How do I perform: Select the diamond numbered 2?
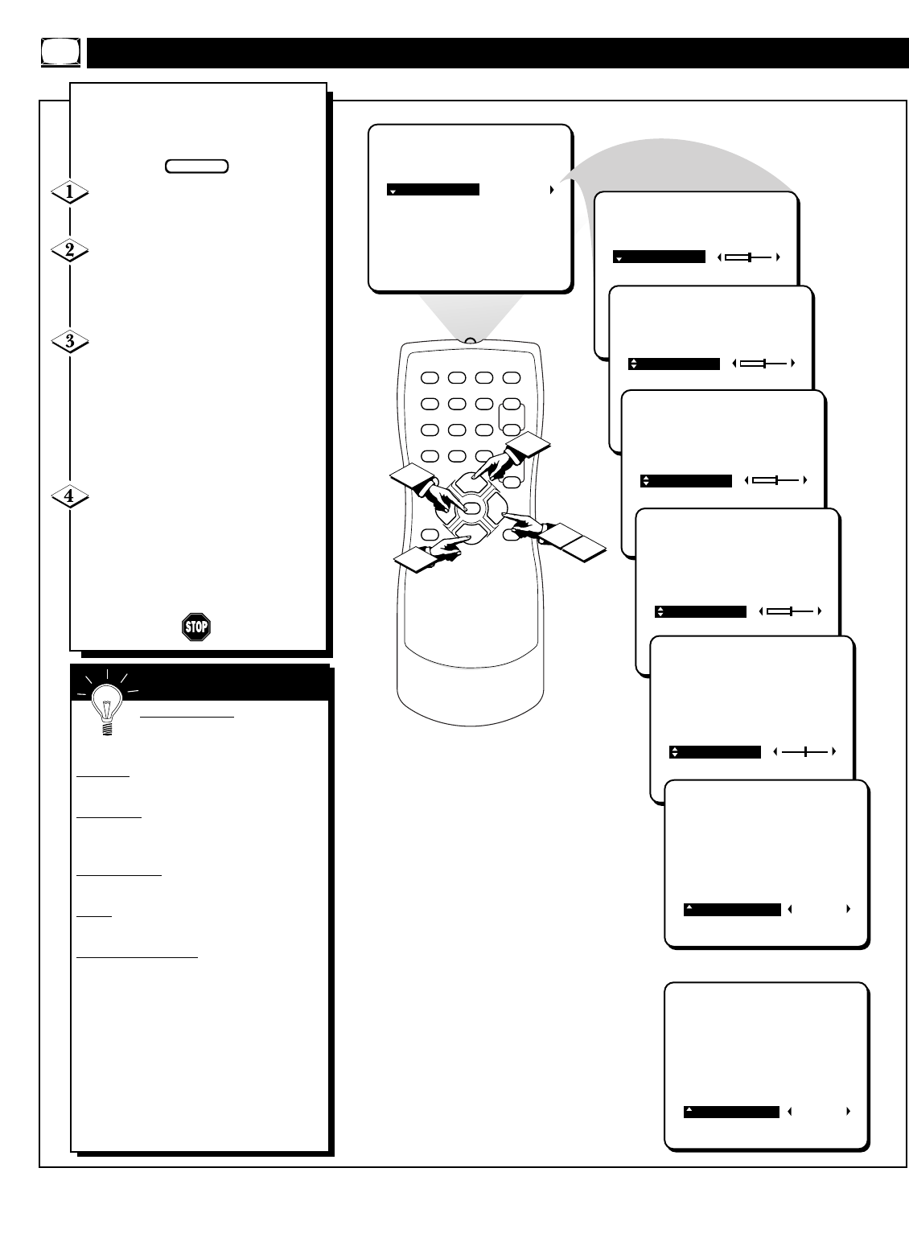pos(70,250)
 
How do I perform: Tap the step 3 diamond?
pos(70,341)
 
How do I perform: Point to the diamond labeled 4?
pos(70,496)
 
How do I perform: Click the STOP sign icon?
pos(195,627)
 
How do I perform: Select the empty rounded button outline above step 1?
pos(196,167)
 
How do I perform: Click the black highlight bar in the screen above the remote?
pos(433,190)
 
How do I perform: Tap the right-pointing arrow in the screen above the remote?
pos(552,190)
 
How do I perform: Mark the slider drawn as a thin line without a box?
pos(804,752)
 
